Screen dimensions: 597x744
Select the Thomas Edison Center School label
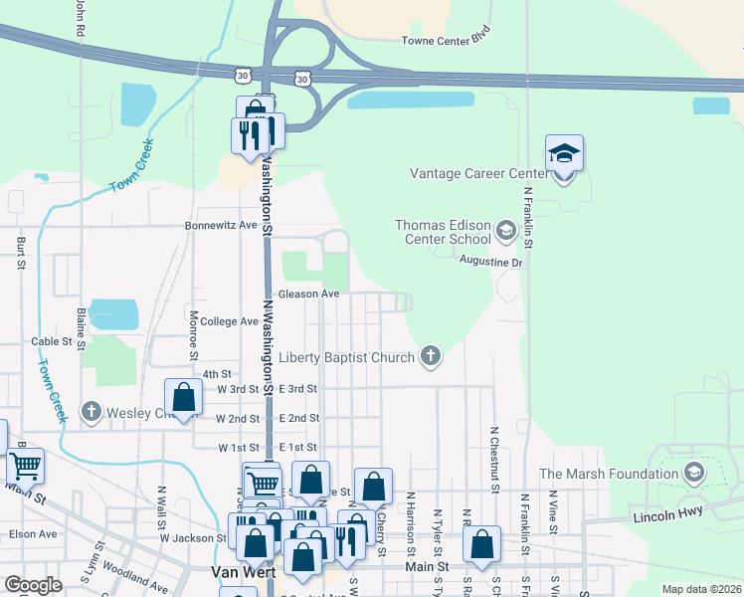[x=443, y=232]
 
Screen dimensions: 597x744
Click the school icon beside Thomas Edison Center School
[x=505, y=233]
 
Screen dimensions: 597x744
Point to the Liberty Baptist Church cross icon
[x=430, y=356]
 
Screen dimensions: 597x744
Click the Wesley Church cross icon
[x=92, y=411]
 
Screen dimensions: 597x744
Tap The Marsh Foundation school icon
[x=694, y=473]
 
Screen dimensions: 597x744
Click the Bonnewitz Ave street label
[x=221, y=226]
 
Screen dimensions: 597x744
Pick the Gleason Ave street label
[x=308, y=295]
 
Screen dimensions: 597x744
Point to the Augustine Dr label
[x=490, y=262]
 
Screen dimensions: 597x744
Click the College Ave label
[x=229, y=321]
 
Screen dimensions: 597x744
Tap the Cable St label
[x=52, y=340]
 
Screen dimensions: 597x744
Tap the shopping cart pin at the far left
[x=25, y=465]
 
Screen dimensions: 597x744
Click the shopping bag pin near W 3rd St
[x=184, y=398]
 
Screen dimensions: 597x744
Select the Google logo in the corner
[x=33, y=586]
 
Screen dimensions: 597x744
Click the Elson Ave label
[x=33, y=533]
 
